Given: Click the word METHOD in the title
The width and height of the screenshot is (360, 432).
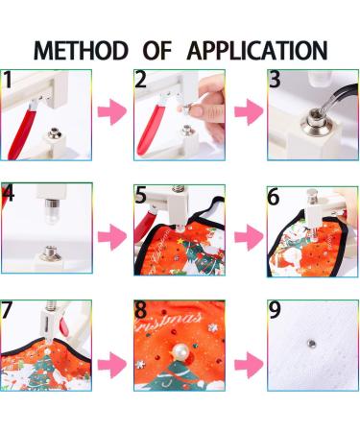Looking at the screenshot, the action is [x=81, y=50].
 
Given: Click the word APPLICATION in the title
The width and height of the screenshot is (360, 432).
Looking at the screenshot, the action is [x=257, y=50].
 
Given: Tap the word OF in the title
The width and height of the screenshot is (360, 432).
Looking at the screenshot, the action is [x=157, y=50].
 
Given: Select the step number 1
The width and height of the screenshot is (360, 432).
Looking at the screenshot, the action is [x=7, y=80].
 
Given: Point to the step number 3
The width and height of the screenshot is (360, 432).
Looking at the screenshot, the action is [x=275, y=80].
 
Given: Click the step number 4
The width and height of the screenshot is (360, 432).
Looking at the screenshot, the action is [x=9, y=193].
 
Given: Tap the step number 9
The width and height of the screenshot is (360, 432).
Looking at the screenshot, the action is [x=275, y=310].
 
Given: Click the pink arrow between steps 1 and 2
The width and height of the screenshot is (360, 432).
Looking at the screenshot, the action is [x=112, y=111].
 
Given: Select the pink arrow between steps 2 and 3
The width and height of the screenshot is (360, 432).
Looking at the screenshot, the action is [x=249, y=111].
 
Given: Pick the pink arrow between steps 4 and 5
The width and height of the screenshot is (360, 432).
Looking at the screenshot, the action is [x=112, y=237].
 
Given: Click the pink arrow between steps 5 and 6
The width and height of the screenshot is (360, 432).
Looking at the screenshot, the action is [x=249, y=237].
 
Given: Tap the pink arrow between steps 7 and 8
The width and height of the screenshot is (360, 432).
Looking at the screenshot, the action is [x=112, y=365].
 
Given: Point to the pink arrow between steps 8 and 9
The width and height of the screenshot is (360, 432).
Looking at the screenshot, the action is [x=249, y=365].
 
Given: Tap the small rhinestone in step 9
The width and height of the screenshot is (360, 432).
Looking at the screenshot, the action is [x=311, y=344].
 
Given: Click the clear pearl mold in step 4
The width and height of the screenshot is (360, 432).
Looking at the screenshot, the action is [x=51, y=213].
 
